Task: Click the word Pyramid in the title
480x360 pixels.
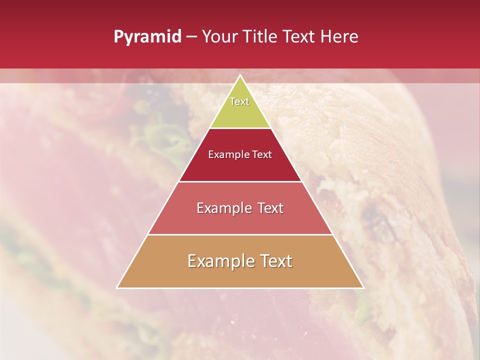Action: click(147, 37)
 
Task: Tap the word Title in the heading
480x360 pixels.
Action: click(260, 37)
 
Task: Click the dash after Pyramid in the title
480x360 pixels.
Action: click(191, 37)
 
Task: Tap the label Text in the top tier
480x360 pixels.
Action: click(239, 101)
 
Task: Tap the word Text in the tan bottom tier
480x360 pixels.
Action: click(276, 261)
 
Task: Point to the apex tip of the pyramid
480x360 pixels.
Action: click(240, 75)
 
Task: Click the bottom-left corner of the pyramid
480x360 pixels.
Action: click(117, 287)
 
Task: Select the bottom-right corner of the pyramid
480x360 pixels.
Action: click(363, 287)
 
